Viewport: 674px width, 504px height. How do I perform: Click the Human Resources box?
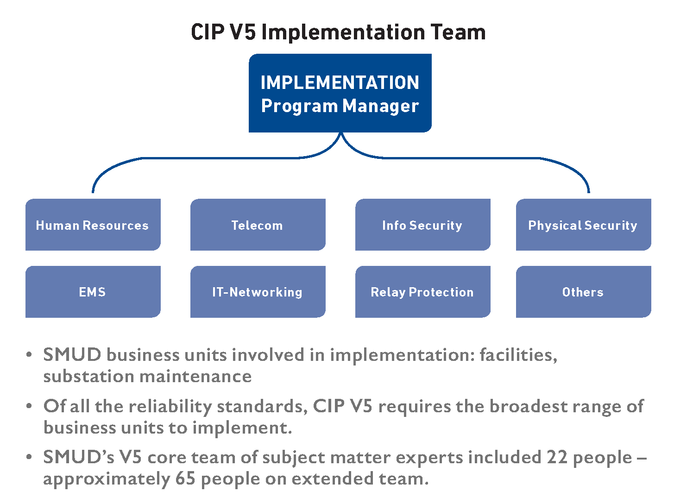coord(93,224)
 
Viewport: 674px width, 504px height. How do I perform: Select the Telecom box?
coord(258,224)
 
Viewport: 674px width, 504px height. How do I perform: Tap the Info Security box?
coord(422,224)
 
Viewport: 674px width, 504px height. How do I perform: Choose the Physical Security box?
coord(583,224)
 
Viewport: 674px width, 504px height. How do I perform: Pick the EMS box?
coord(93,291)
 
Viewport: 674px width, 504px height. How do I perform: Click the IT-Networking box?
coord(258,291)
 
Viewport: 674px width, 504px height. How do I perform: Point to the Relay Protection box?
coord(422,291)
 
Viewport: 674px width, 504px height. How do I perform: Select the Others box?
coord(583,291)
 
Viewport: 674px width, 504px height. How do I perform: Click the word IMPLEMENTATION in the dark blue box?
coord(340,82)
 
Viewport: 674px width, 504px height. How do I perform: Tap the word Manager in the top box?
coord(380,106)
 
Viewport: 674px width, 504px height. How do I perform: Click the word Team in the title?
coord(458,32)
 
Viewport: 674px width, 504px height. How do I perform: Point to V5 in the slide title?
coord(243,32)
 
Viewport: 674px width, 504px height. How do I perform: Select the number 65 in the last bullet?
coord(185,478)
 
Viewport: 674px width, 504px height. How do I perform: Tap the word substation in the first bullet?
coord(89,376)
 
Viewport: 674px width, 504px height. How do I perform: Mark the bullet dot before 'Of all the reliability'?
coord(29,406)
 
